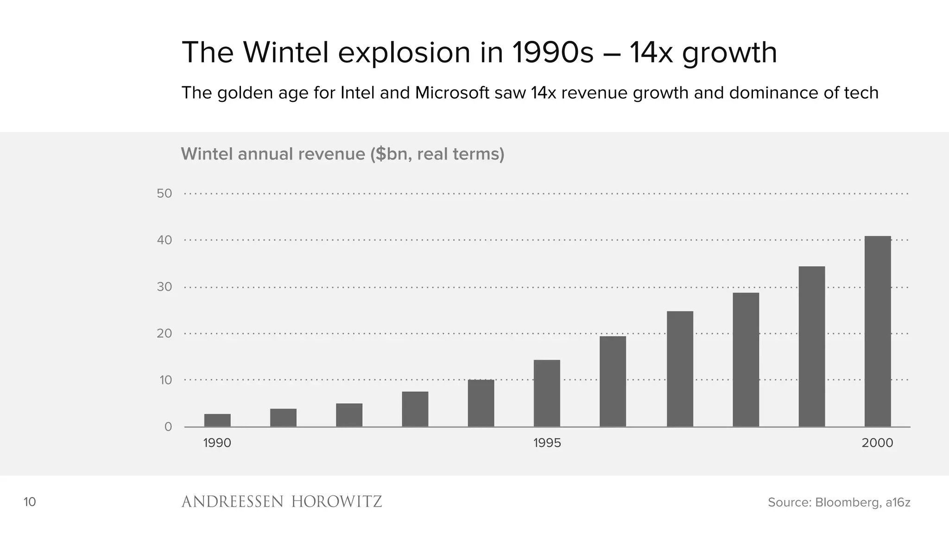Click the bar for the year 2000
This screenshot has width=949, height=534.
878,331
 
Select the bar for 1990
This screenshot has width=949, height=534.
217,420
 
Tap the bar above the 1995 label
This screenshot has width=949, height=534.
547,393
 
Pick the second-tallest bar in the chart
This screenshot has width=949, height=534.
811,346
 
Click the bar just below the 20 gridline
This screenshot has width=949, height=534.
613,381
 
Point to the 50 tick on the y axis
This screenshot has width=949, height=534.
164,194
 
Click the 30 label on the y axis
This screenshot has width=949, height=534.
164,287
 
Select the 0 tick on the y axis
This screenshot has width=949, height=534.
168,427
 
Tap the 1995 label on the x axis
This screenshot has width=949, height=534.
547,443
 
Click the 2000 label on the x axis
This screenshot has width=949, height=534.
877,443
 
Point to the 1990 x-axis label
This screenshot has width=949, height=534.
217,443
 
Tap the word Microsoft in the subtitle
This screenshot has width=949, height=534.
452,93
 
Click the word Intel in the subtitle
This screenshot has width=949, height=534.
358,93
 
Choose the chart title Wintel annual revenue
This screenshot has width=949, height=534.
342,154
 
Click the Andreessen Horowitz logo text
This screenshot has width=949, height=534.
281,502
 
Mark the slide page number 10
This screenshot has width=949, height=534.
30,502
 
